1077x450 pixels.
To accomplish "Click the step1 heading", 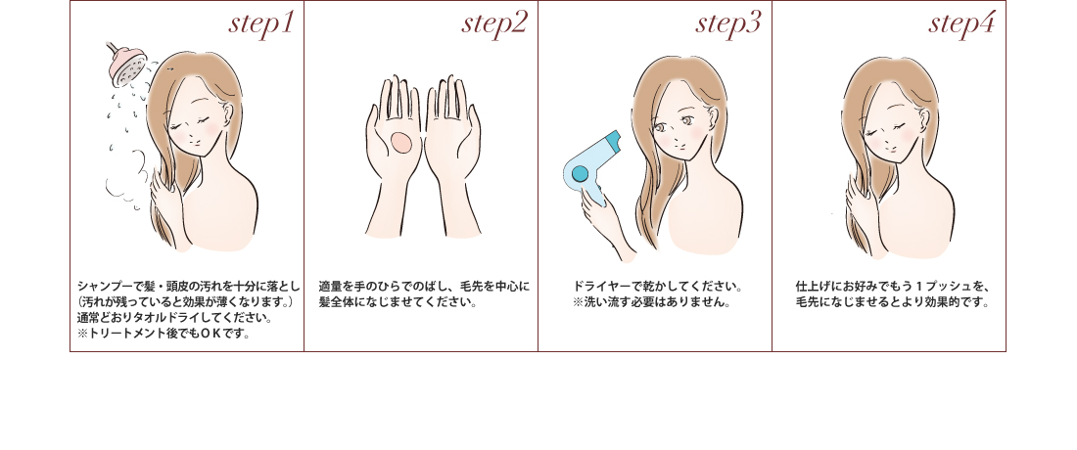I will (x=260, y=24).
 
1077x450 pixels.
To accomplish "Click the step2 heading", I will (x=494, y=24).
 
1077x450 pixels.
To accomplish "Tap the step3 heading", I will (x=728, y=24).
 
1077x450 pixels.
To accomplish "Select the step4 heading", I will (x=961, y=24).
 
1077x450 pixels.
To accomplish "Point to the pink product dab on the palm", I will (x=401, y=143).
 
